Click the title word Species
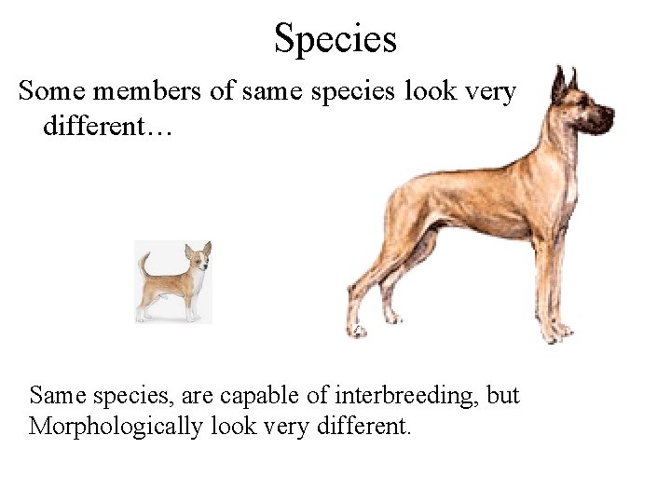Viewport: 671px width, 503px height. [x=335, y=39]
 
